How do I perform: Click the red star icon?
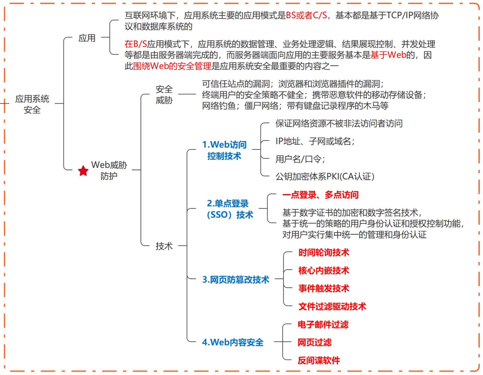83,171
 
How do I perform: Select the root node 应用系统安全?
32,104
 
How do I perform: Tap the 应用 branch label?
87,38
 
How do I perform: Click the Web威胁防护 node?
109,170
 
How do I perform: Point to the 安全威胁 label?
164,95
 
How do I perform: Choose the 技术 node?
164,246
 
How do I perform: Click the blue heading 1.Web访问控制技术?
224,150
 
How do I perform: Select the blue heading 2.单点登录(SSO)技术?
230,209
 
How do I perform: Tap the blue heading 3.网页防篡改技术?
235,280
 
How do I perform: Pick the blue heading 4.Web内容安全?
233,342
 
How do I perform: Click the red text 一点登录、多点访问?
320,195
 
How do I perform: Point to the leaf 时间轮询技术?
324,253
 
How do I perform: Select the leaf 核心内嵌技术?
324,270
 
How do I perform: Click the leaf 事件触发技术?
324,288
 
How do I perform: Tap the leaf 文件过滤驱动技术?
332,306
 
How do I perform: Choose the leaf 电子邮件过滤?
323,325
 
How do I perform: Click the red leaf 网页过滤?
314,342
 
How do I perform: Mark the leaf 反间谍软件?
319,360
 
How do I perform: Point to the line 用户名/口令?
300,159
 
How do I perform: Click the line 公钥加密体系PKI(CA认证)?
325,176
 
